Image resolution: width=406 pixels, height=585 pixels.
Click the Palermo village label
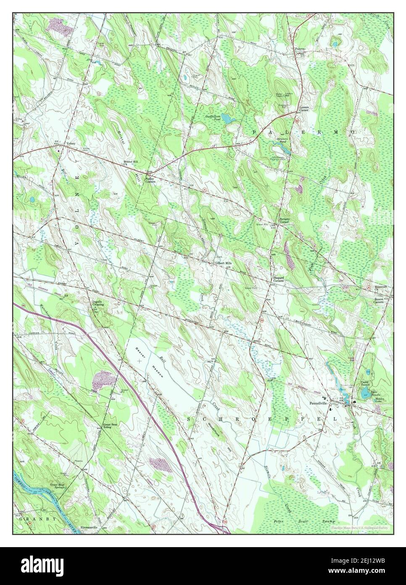point(299,49)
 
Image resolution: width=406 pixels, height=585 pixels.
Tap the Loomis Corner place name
point(304,109)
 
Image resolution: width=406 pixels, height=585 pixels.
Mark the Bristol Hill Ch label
point(130,163)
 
